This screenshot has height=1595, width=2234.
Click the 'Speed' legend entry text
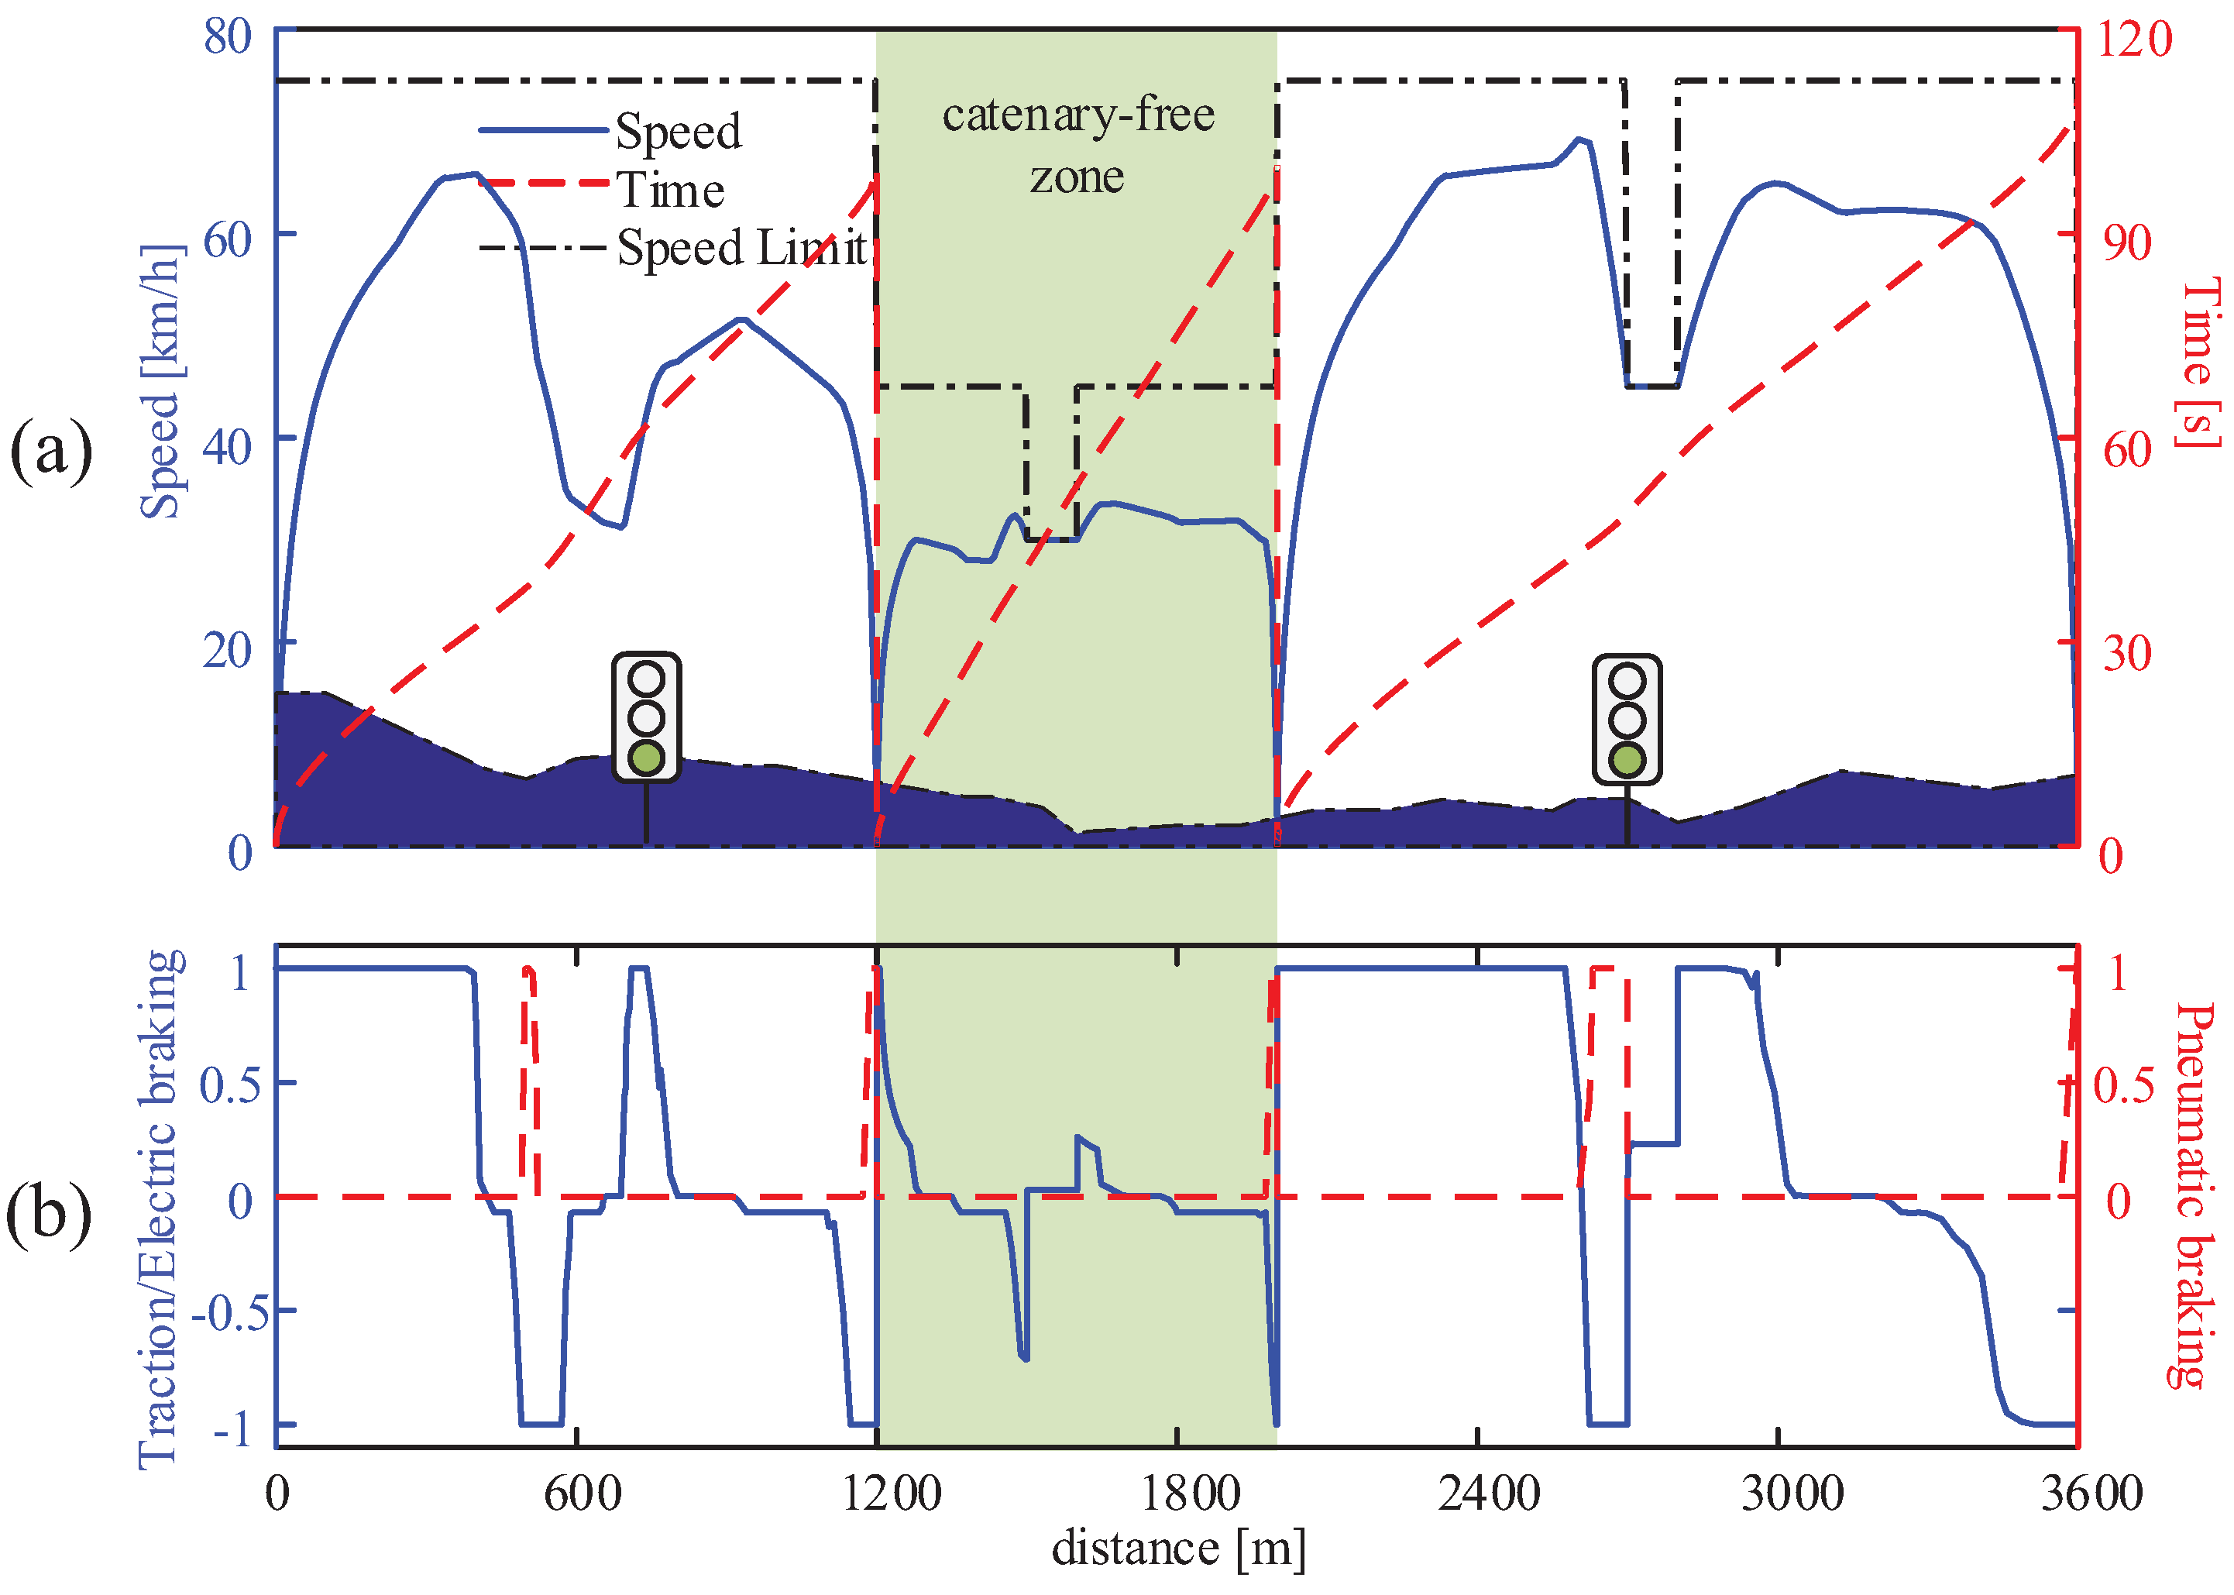[679, 132]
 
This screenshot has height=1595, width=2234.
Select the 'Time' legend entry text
[671, 190]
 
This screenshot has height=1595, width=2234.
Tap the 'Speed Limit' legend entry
[741, 248]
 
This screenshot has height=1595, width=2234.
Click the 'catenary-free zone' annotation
[1078, 146]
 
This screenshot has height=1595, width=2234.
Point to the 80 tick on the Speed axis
[228, 36]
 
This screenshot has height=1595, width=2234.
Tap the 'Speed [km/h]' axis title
[161, 381]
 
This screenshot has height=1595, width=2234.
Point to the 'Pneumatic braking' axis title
[2191, 1196]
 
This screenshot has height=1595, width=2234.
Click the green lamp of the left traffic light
[646, 758]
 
